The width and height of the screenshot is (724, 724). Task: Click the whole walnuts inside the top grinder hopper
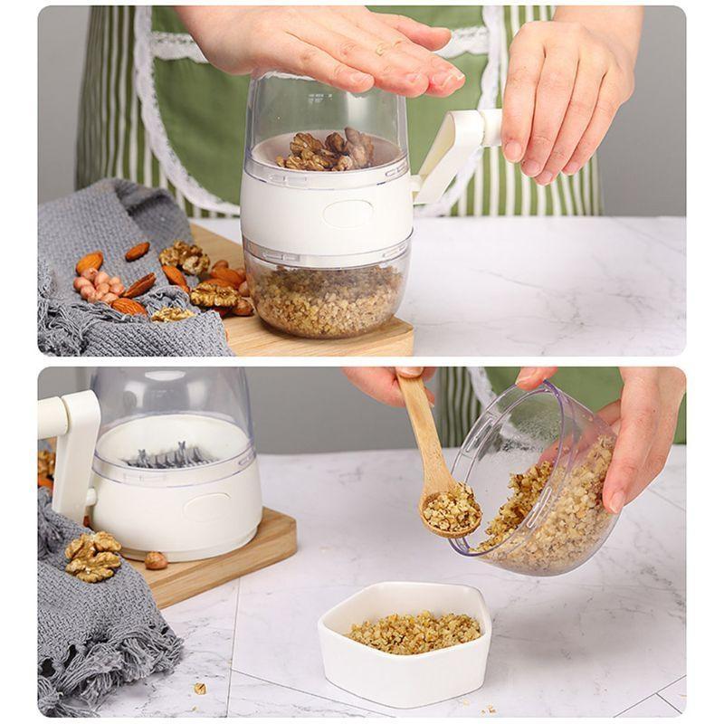(328, 150)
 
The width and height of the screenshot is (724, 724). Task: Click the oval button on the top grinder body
(348, 214)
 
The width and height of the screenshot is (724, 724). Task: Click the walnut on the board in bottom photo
(92, 556)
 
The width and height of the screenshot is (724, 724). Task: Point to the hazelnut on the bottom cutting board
(156, 560)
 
